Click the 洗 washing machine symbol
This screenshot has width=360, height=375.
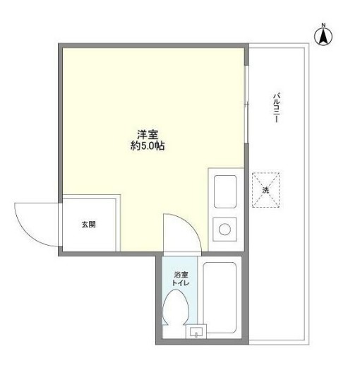click(265, 191)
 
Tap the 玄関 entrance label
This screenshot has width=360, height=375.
click(88, 225)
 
